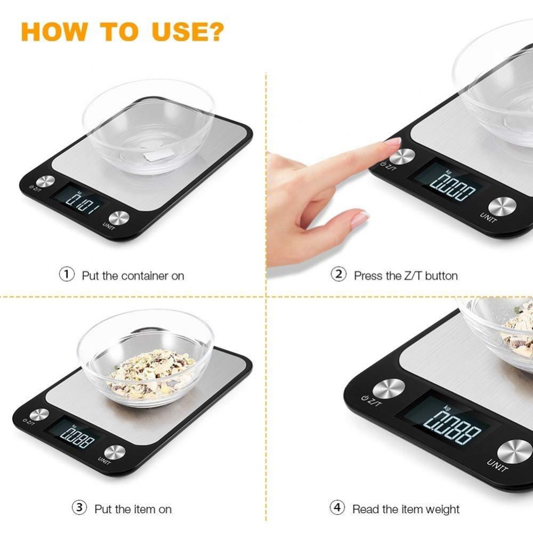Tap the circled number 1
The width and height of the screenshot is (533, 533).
[x=66, y=275]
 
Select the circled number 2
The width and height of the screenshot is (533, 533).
[x=338, y=275]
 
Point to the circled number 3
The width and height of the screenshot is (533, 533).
[x=79, y=507]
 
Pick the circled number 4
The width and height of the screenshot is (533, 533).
[x=337, y=507]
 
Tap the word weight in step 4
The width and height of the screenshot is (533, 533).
[x=440, y=510]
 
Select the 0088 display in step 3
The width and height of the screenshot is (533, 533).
[x=77, y=439]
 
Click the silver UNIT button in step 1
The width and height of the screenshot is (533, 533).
[x=119, y=218]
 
